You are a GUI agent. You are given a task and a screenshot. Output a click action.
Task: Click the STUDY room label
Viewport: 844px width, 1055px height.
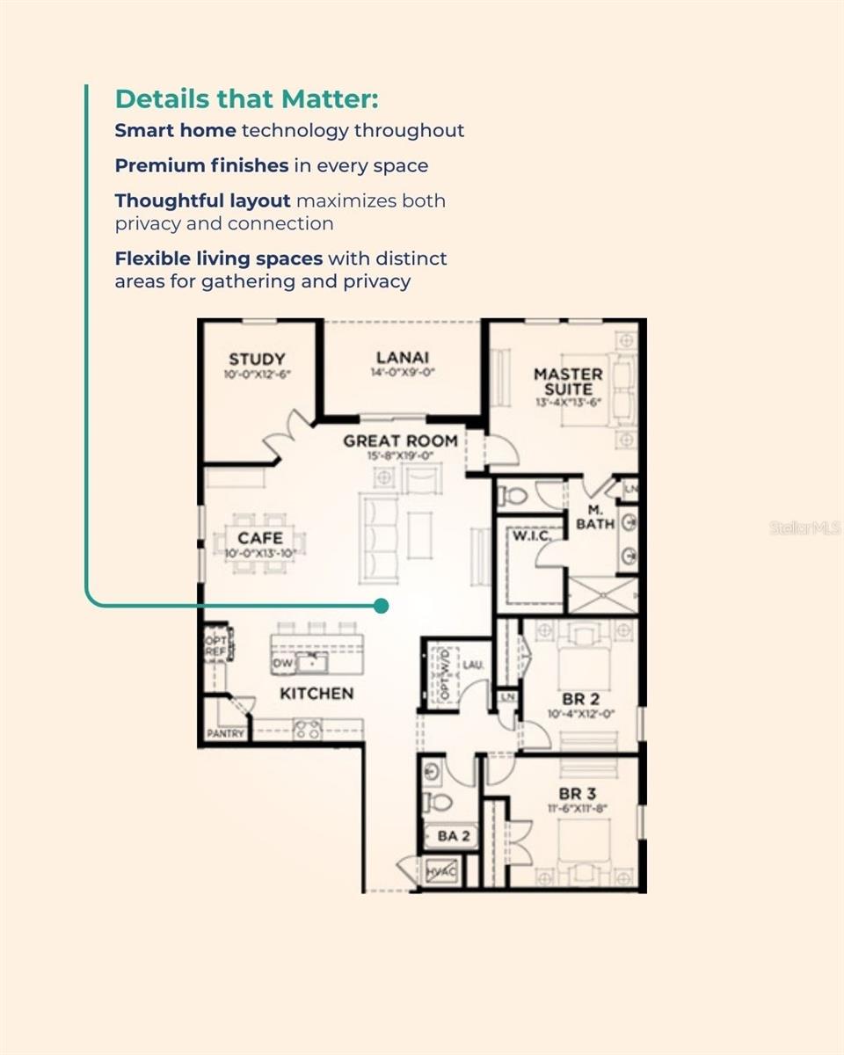point(257,359)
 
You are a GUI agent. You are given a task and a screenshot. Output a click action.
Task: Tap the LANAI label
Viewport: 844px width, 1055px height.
point(403,358)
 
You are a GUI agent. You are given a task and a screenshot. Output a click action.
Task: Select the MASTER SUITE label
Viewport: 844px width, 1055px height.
point(568,382)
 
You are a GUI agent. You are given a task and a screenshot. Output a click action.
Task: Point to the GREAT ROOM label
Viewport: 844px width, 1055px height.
point(400,440)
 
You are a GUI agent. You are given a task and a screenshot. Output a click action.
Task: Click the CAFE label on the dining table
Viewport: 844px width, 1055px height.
point(260,538)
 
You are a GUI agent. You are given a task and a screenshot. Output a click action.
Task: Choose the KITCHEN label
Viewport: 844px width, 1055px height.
point(316,694)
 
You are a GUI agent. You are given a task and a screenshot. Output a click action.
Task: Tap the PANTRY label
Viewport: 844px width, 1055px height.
point(226,733)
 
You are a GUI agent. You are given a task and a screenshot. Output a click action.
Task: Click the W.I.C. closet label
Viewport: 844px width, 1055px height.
point(531,535)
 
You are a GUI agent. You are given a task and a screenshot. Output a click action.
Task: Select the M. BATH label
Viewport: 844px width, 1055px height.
point(594,517)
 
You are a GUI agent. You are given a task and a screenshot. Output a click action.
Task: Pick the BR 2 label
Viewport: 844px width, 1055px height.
point(581,699)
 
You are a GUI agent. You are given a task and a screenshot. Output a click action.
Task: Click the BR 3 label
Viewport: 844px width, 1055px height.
point(578,794)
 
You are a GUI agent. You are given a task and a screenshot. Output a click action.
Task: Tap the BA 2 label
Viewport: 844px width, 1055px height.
point(453,836)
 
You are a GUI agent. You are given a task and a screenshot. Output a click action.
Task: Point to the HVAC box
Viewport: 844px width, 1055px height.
point(441,871)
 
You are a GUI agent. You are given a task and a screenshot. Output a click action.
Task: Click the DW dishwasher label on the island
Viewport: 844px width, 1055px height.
point(283,663)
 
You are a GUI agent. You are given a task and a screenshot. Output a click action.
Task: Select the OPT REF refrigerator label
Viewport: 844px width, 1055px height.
point(215,646)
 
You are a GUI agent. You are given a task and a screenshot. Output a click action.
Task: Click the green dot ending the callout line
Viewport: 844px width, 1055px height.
point(381,606)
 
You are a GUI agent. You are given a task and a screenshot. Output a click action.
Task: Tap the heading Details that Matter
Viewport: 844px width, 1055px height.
point(246,98)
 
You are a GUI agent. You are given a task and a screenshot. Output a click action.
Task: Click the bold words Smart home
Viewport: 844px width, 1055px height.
point(175,131)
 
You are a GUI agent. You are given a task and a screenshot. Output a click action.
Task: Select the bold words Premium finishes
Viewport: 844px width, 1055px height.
point(201,165)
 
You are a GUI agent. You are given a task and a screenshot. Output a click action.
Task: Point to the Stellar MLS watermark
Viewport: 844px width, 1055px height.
point(805,528)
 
